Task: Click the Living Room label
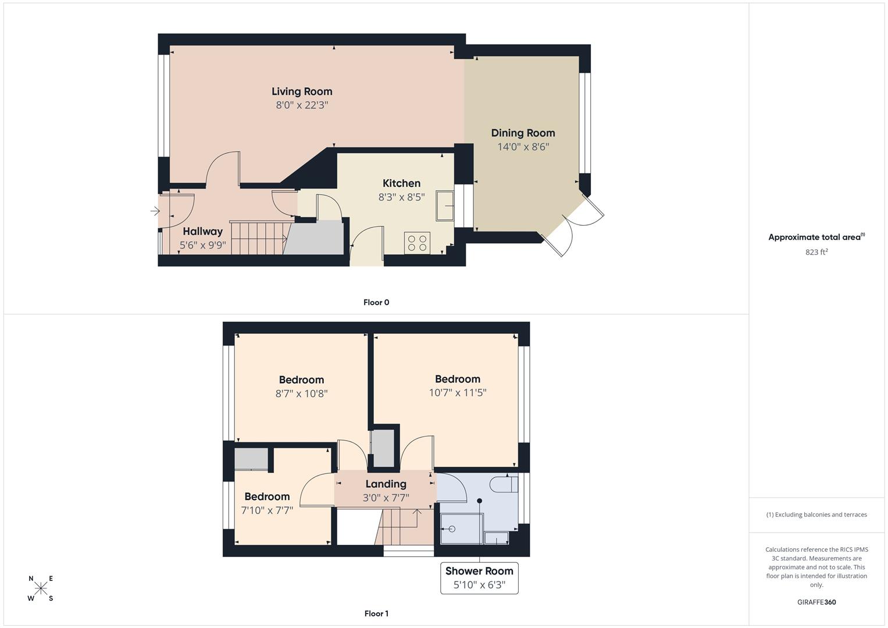pos(302,92)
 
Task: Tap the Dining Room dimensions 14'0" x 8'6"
pos(523,147)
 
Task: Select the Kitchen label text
pos(401,183)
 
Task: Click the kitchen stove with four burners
pos(417,242)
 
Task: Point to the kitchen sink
pos(445,205)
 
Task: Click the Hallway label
pos(202,231)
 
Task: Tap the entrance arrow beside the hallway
pos(155,211)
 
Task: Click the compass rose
pos(41,588)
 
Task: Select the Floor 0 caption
pos(376,302)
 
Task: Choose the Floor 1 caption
pos(376,613)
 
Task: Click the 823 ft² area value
pos(816,252)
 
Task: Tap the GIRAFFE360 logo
pos(816,602)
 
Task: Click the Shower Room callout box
pos(479,578)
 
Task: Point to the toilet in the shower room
pos(504,484)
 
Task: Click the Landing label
pos(386,484)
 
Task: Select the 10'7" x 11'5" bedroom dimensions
pos(458,393)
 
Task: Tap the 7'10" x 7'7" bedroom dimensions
pos(267,511)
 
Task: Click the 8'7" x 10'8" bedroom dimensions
pos(301,394)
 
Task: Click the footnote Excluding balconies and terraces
pos(816,515)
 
